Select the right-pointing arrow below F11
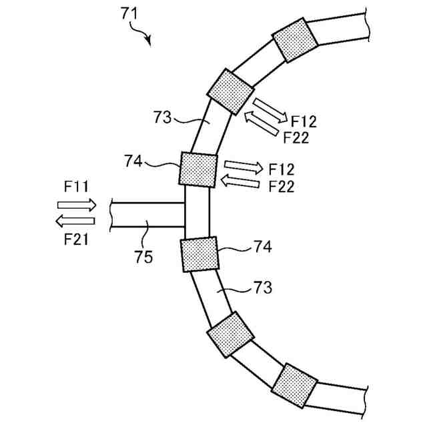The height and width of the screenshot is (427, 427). [77, 204]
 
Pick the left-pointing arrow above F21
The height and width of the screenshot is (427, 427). [75, 221]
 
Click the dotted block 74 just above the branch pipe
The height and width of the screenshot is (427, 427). [198, 169]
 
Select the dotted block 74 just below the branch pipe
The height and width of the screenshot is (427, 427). [199, 254]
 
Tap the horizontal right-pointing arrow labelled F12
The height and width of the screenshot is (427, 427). [244, 167]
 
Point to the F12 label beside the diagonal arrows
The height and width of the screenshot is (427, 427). [304, 121]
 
